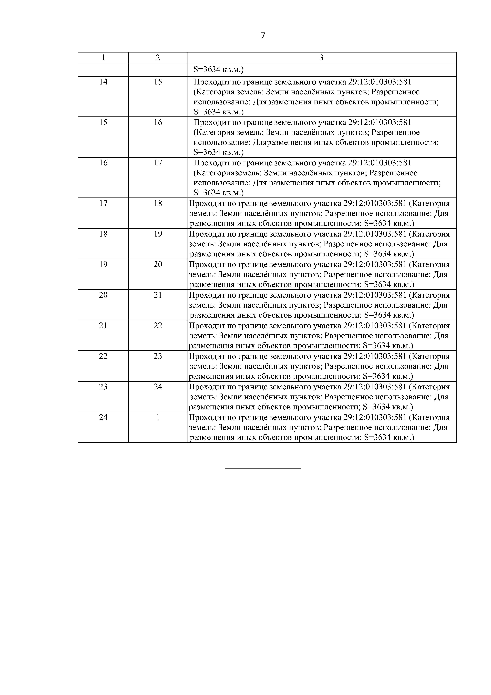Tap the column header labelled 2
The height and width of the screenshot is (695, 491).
click(x=158, y=58)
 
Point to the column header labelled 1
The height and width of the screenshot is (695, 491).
click(x=103, y=58)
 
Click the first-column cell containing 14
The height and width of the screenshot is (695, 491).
click(x=103, y=82)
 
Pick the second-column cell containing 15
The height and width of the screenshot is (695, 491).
click(x=158, y=82)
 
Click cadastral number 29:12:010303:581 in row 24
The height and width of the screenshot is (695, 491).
click(x=375, y=418)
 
